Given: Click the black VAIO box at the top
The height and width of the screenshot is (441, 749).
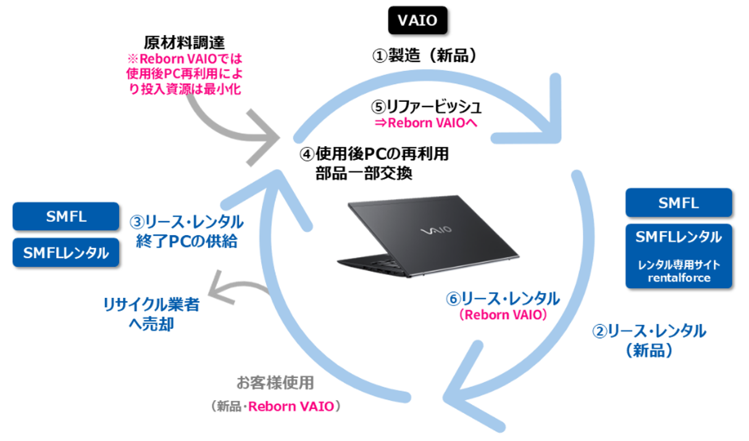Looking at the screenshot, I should [x=417, y=20].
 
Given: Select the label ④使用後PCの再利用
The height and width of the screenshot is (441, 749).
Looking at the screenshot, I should [x=374, y=153].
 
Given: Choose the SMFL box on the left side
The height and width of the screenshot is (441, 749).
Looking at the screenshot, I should [x=65, y=216].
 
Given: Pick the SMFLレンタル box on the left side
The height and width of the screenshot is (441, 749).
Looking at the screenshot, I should [x=65, y=252].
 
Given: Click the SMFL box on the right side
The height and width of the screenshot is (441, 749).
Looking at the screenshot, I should [x=679, y=202].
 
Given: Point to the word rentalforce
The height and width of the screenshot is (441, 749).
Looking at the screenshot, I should [x=679, y=278].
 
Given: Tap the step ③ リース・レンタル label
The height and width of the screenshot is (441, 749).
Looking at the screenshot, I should [x=186, y=222].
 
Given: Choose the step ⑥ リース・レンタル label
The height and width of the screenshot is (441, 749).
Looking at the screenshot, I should [x=503, y=299].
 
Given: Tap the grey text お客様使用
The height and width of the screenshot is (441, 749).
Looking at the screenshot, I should [x=275, y=383].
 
